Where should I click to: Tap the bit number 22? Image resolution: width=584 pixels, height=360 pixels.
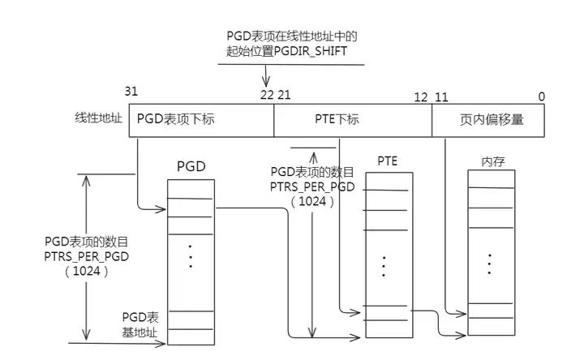pos(267,96)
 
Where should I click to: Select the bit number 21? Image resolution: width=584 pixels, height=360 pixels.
pos(284,96)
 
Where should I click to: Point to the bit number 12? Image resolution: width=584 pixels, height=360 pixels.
pos(421,97)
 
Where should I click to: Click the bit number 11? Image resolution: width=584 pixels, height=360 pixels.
pos(443,97)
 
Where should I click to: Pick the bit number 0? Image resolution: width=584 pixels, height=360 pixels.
pos(541,97)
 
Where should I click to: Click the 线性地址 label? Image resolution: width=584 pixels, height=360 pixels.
pos(97,118)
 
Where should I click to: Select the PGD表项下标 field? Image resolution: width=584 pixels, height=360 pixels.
pos(176,119)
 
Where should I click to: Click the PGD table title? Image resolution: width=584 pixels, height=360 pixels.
pos(191,167)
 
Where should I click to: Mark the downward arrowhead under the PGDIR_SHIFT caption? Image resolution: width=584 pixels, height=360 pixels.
pos(266,82)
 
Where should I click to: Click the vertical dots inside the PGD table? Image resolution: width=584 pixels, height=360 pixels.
pos(191,255)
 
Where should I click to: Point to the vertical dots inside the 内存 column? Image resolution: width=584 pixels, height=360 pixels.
pos(490,264)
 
